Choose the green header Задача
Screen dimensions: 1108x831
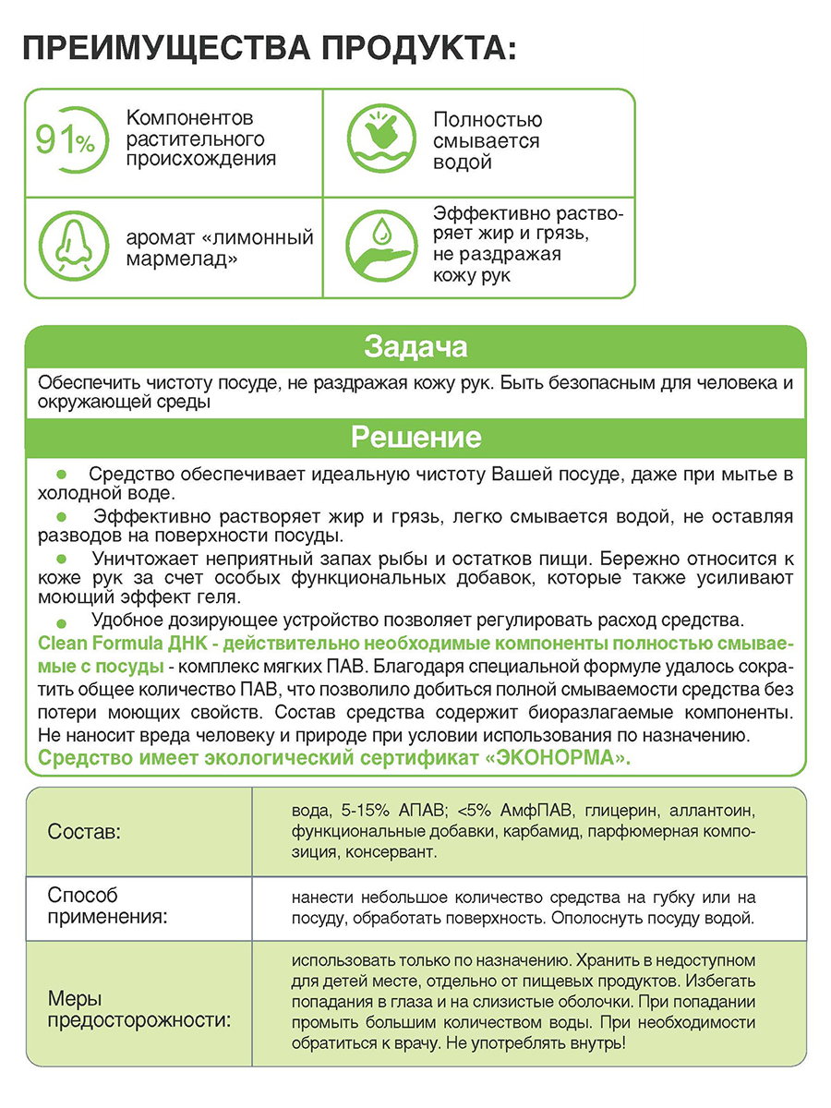pos(415,347)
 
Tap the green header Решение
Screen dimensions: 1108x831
pos(415,436)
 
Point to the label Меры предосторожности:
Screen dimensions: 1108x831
pos(138,1010)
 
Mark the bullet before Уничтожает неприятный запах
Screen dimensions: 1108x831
pos(62,560)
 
